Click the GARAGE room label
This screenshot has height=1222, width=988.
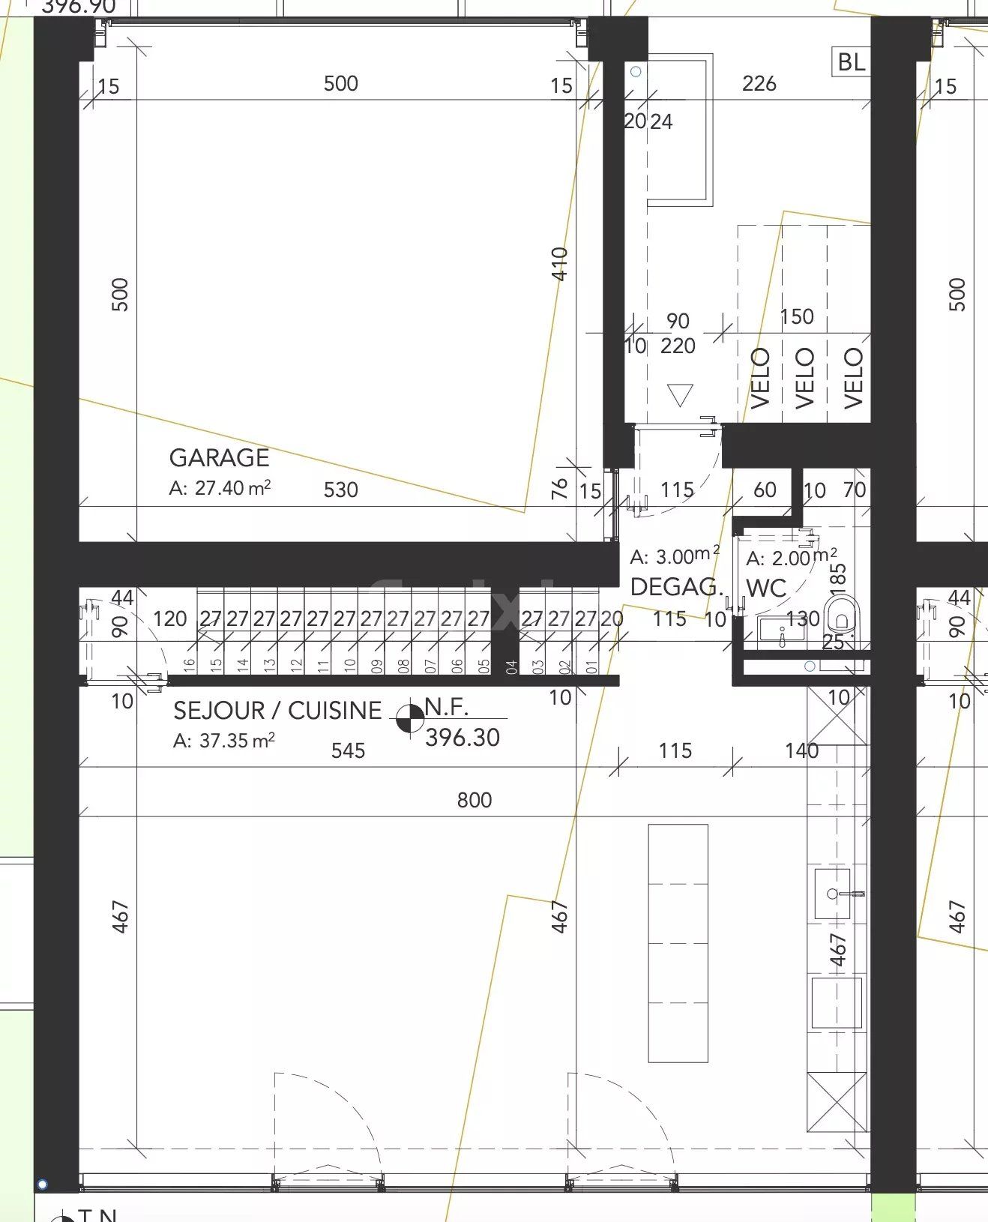(219, 457)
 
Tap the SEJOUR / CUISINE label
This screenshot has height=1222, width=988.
(277, 710)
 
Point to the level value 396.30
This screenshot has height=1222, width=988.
(462, 738)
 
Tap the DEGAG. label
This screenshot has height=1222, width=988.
(675, 587)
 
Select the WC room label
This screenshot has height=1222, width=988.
(766, 589)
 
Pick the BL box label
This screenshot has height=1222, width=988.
(851, 61)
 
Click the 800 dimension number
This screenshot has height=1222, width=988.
(475, 801)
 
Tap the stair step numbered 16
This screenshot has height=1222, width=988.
(189, 663)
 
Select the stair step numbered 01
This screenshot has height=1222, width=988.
(592, 666)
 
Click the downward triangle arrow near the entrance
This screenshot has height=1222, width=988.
(680, 395)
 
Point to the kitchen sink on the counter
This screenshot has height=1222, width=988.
(832, 894)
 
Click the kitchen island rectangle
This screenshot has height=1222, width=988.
(678, 943)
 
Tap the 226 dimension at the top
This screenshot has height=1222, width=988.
(759, 83)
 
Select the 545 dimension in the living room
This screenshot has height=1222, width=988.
(348, 750)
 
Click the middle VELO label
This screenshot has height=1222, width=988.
(804, 378)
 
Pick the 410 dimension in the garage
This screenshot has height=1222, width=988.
(560, 264)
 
